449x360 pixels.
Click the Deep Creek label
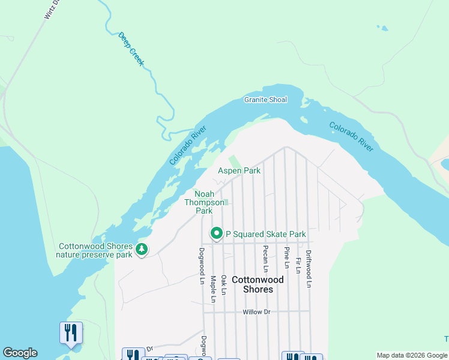[x=131, y=49]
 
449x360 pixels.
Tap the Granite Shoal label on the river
[x=265, y=100]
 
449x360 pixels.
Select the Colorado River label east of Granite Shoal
[x=351, y=137]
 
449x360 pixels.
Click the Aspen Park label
[x=239, y=171]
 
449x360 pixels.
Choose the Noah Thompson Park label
[x=204, y=202]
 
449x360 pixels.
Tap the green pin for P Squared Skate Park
[x=216, y=233]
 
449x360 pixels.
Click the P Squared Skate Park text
[x=265, y=234]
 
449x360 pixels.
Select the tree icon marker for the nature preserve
[x=142, y=249]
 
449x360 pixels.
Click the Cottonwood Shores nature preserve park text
[x=94, y=250]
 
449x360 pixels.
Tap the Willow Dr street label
[x=258, y=312]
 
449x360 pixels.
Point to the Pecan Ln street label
[x=264, y=258]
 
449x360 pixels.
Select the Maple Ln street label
[x=212, y=289]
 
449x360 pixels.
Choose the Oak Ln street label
[x=223, y=285]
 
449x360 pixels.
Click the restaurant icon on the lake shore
[x=71, y=333]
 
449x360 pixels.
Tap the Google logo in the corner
[x=20, y=353]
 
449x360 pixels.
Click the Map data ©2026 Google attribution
[x=412, y=355]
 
